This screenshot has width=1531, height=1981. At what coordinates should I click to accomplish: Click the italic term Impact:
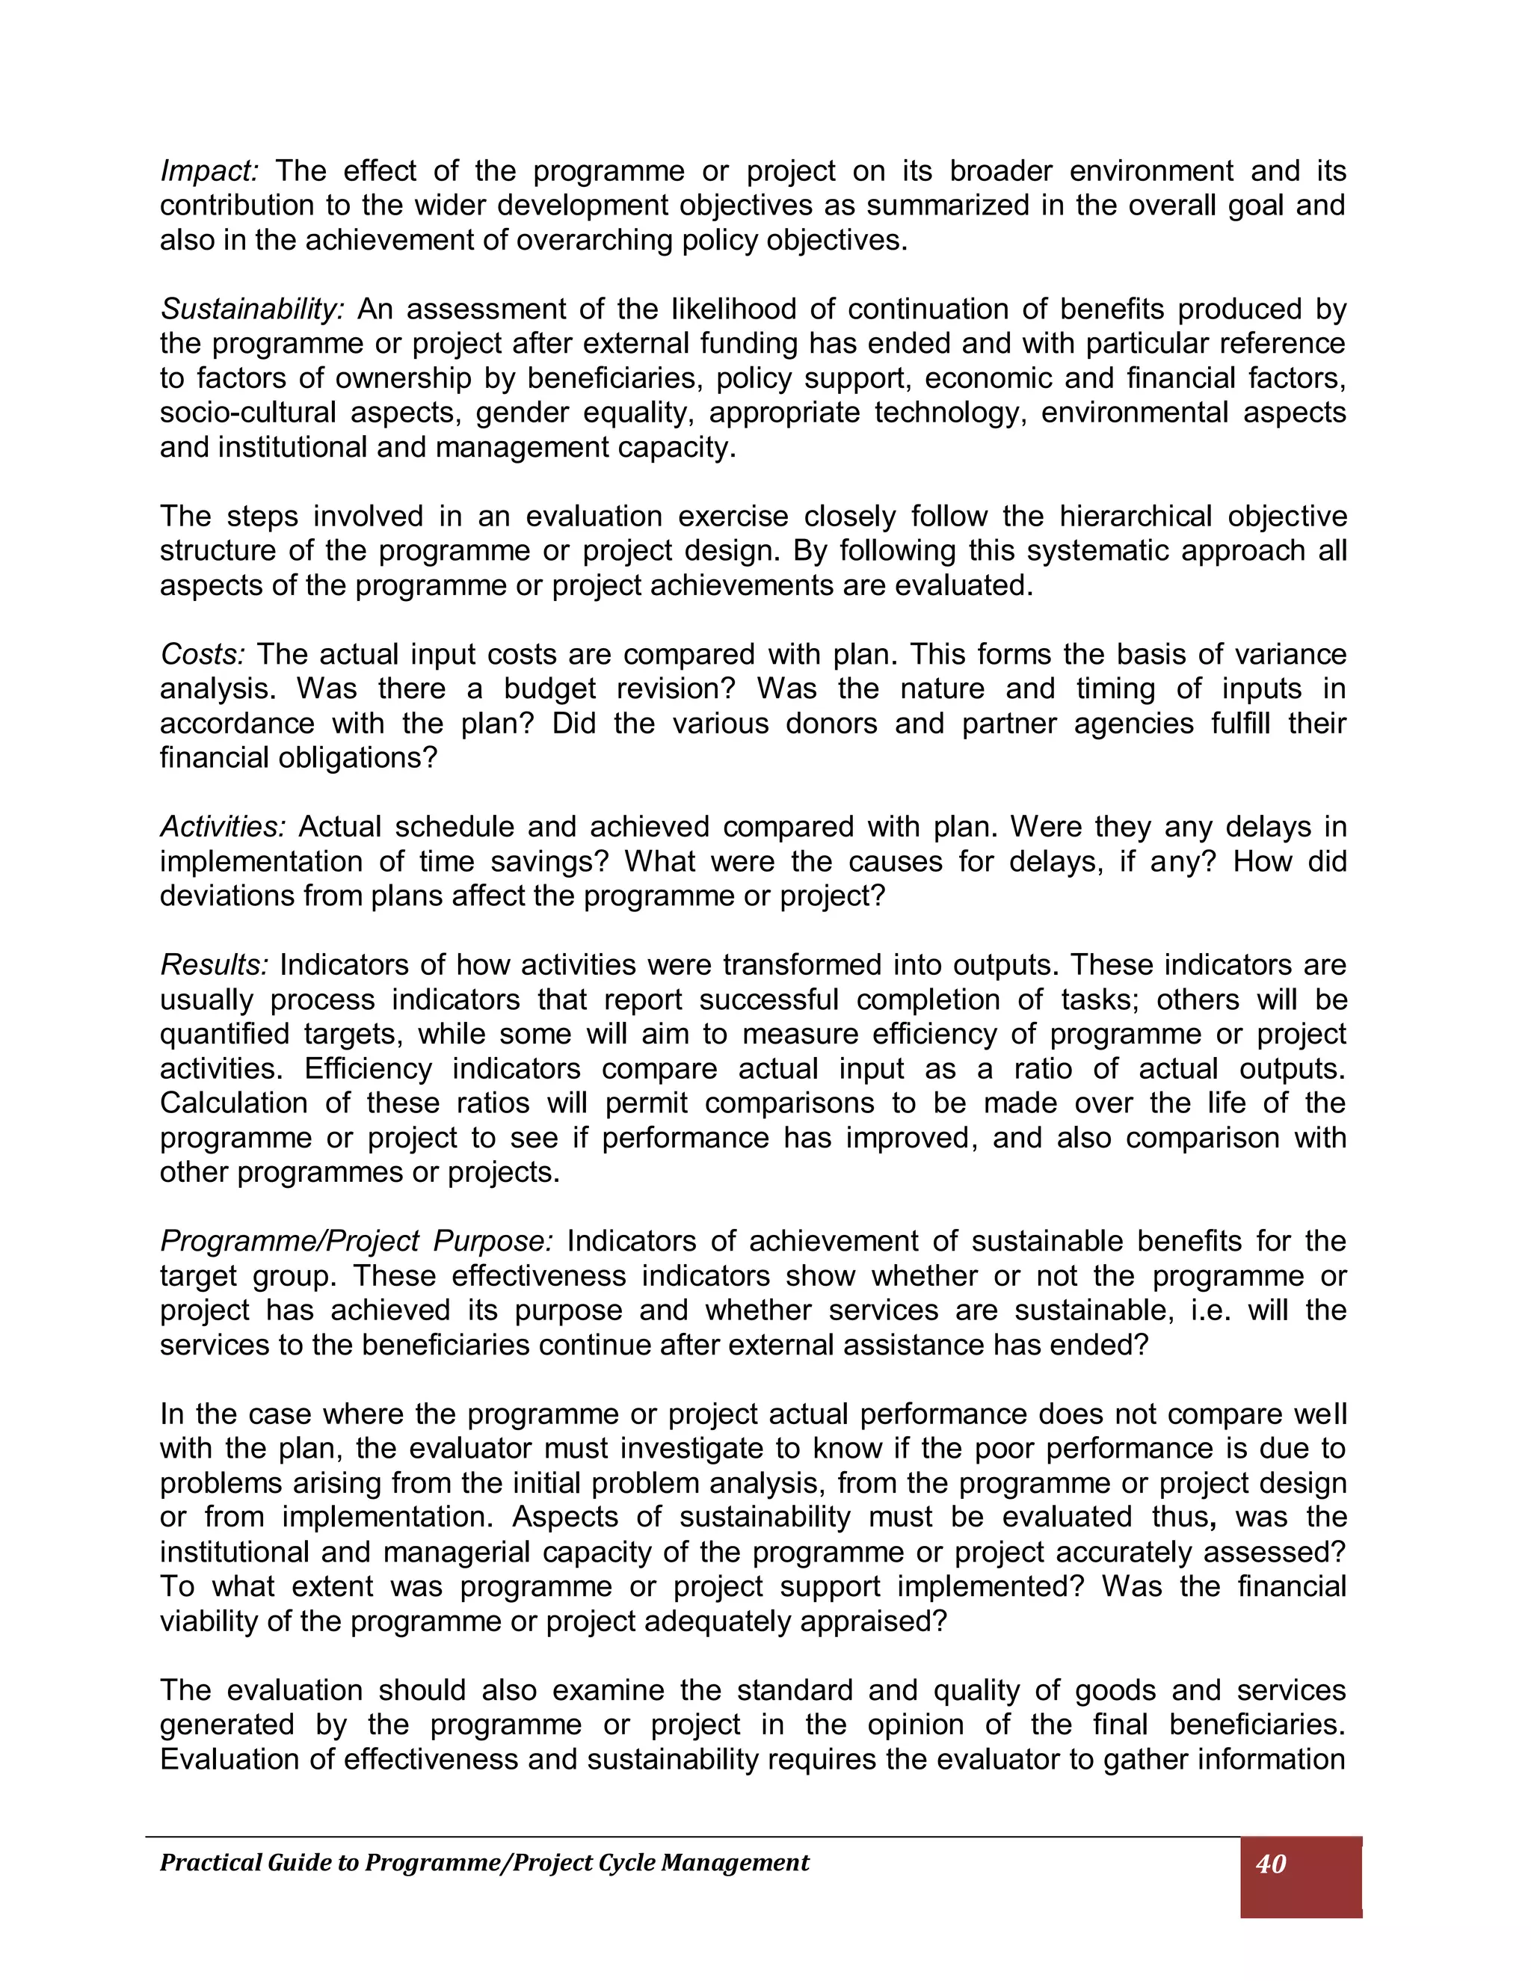[209, 171]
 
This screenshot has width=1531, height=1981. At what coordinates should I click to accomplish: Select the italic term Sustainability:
[252, 310]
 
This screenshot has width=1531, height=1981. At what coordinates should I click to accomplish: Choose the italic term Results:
[214, 965]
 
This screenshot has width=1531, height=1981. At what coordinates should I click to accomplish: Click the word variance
[1287, 655]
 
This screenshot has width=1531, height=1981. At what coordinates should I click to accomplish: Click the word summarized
[945, 206]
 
